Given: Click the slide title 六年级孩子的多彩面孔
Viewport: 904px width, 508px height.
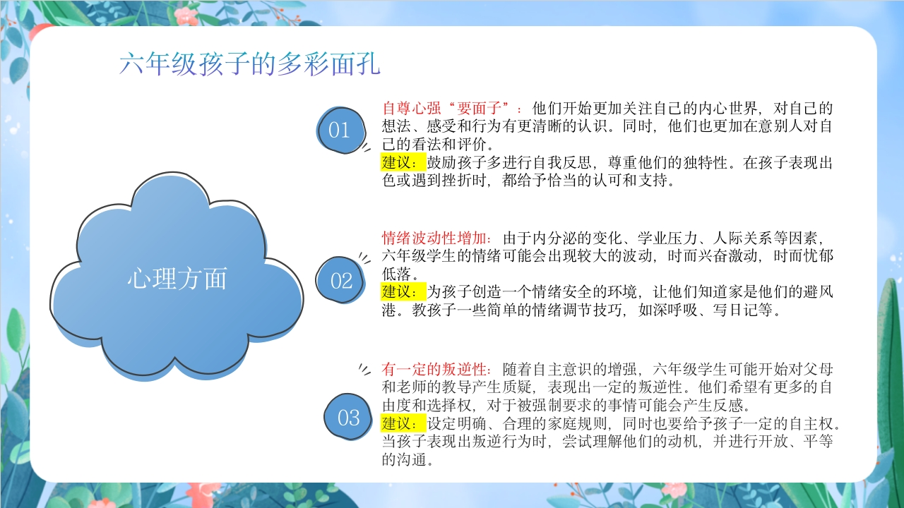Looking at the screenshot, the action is pyautogui.click(x=250, y=64).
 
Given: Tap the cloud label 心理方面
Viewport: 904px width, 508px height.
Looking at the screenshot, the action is pyautogui.click(x=177, y=279).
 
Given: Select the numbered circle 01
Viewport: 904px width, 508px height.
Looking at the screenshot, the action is pyautogui.click(x=341, y=131).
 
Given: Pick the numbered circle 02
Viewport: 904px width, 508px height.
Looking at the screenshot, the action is pyautogui.click(x=340, y=280).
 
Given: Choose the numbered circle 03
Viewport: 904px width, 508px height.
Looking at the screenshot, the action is pyautogui.click(x=348, y=417).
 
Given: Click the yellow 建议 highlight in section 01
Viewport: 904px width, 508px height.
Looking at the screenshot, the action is pyautogui.click(x=403, y=162).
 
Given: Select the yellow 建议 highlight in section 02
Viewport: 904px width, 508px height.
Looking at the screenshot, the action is pyautogui.click(x=403, y=291).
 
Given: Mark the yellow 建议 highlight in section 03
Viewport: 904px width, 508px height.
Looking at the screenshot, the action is pyautogui.click(x=403, y=423).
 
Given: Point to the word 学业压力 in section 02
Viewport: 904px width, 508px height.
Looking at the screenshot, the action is pyautogui.click(x=667, y=238).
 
